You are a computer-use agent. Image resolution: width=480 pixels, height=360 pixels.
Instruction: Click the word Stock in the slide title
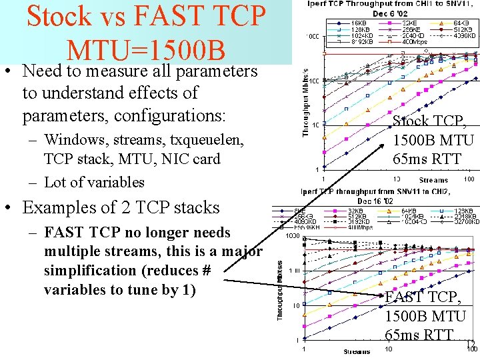coord(57,17)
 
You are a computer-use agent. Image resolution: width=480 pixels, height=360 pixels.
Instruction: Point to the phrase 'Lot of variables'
coord(94,182)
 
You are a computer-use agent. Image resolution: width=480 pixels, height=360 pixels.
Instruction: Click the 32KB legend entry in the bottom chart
coord(357,212)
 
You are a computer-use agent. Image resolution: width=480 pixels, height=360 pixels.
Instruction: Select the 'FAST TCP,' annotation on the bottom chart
coord(423,297)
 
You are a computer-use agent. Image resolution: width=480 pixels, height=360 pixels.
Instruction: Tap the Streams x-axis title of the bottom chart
coord(357,351)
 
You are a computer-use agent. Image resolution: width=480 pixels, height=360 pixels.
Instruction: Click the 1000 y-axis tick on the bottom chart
coord(293,236)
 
